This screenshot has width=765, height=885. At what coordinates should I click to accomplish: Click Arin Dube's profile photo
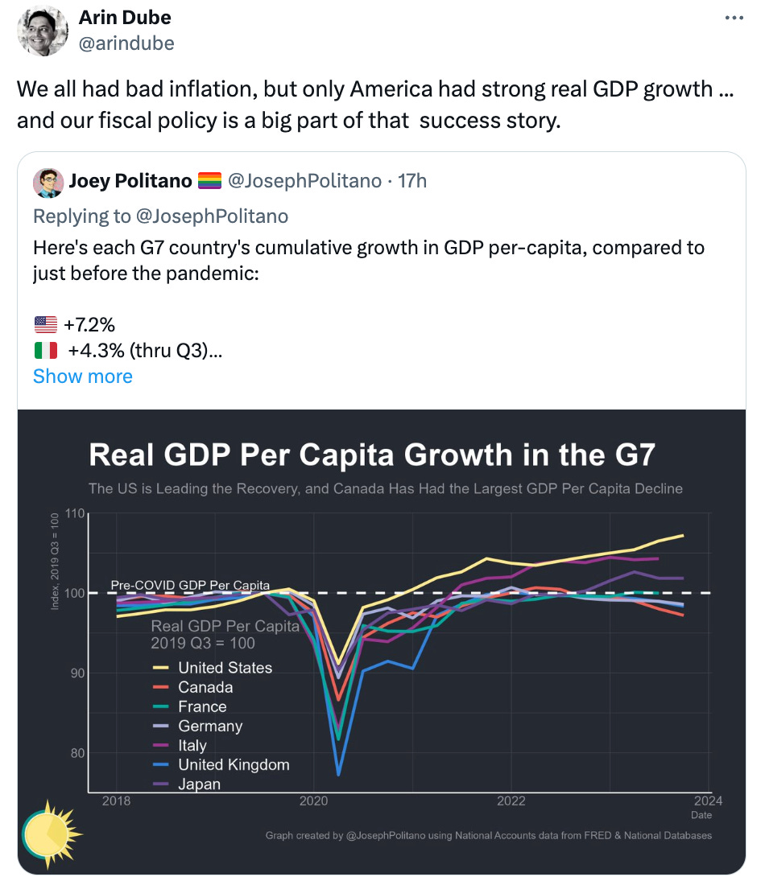pyautogui.click(x=42, y=31)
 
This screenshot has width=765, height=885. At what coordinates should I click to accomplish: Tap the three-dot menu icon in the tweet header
pyautogui.click(x=734, y=18)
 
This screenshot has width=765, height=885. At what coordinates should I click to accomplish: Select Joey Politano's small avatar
pyautogui.click(x=48, y=182)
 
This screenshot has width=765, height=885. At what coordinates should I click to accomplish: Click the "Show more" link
pyautogui.click(x=82, y=376)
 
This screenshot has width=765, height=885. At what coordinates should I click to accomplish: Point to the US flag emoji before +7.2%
pyautogui.click(x=46, y=324)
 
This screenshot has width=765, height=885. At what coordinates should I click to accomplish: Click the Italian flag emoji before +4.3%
pyautogui.click(x=46, y=350)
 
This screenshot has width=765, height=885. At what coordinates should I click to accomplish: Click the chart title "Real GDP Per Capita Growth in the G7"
pyautogui.click(x=371, y=455)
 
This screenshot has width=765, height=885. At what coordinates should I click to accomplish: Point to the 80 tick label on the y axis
pyautogui.click(x=76, y=753)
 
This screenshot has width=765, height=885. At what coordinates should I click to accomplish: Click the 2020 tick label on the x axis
pyautogui.click(x=313, y=801)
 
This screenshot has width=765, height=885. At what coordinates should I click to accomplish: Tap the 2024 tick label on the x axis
pyautogui.click(x=707, y=801)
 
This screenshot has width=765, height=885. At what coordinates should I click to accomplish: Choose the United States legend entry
pyautogui.click(x=225, y=668)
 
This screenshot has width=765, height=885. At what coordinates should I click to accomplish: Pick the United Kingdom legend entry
pyautogui.click(x=233, y=765)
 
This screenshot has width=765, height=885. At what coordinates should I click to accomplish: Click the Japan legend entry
pyautogui.click(x=199, y=784)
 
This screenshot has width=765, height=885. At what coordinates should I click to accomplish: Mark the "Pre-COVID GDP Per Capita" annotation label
pyautogui.click(x=190, y=585)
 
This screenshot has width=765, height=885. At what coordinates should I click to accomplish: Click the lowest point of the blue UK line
pyautogui.click(x=338, y=775)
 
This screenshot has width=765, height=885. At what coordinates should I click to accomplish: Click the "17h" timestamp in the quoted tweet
pyautogui.click(x=412, y=181)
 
